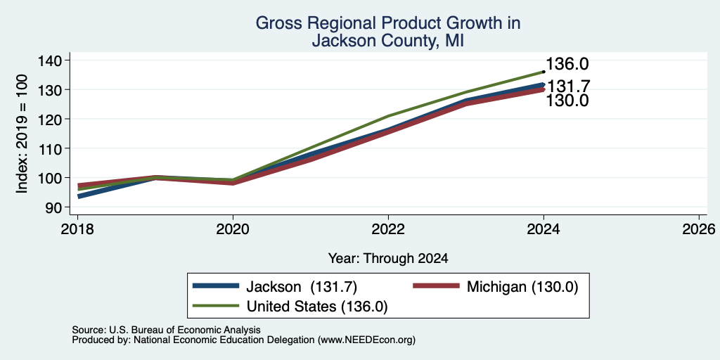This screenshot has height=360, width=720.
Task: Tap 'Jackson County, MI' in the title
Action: pyautogui.click(x=388, y=40)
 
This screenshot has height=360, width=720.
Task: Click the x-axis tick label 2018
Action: pyautogui.click(x=77, y=229)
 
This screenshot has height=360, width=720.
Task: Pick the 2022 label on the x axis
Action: pyautogui.click(x=388, y=229)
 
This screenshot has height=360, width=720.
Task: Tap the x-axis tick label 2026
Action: pyautogui.click(x=700, y=229)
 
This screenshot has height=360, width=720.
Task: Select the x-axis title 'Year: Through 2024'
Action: pyautogui.click(x=388, y=259)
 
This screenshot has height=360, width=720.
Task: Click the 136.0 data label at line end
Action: pyautogui.click(x=567, y=64)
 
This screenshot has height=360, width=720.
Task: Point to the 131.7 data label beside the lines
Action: pyautogui.click(x=568, y=86)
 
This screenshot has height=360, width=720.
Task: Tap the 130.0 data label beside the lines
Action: pyautogui.click(x=567, y=101)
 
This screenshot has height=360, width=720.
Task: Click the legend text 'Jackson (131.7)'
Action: pyautogui.click(x=302, y=287)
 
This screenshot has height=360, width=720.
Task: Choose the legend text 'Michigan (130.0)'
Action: pyautogui.click(x=522, y=287)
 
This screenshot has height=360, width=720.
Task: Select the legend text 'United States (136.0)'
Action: pyautogui.click(x=317, y=307)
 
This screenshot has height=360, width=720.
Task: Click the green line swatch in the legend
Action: pyautogui.click(x=217, y=306)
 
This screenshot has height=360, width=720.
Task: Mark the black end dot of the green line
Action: pyautogui.click(x=544, y=72)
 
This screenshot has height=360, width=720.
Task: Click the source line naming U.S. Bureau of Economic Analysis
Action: pyautogui.click(x=166, y=330)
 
